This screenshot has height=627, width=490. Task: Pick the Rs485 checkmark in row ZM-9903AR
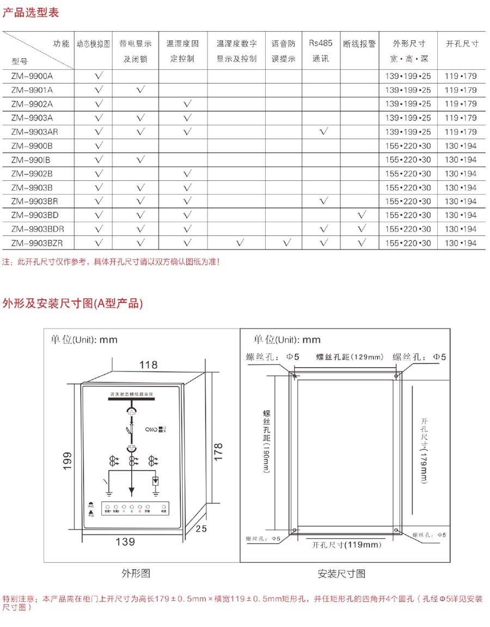tap(324, 132)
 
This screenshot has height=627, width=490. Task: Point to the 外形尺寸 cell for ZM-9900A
tap(408, 76)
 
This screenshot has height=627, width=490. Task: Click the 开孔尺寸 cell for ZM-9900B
tap(461, 146)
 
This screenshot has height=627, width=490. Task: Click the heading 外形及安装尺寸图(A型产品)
tap(72, 304)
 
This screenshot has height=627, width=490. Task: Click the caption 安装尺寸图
tap(341, 574)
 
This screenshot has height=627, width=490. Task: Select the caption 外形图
tap(136, 573)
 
